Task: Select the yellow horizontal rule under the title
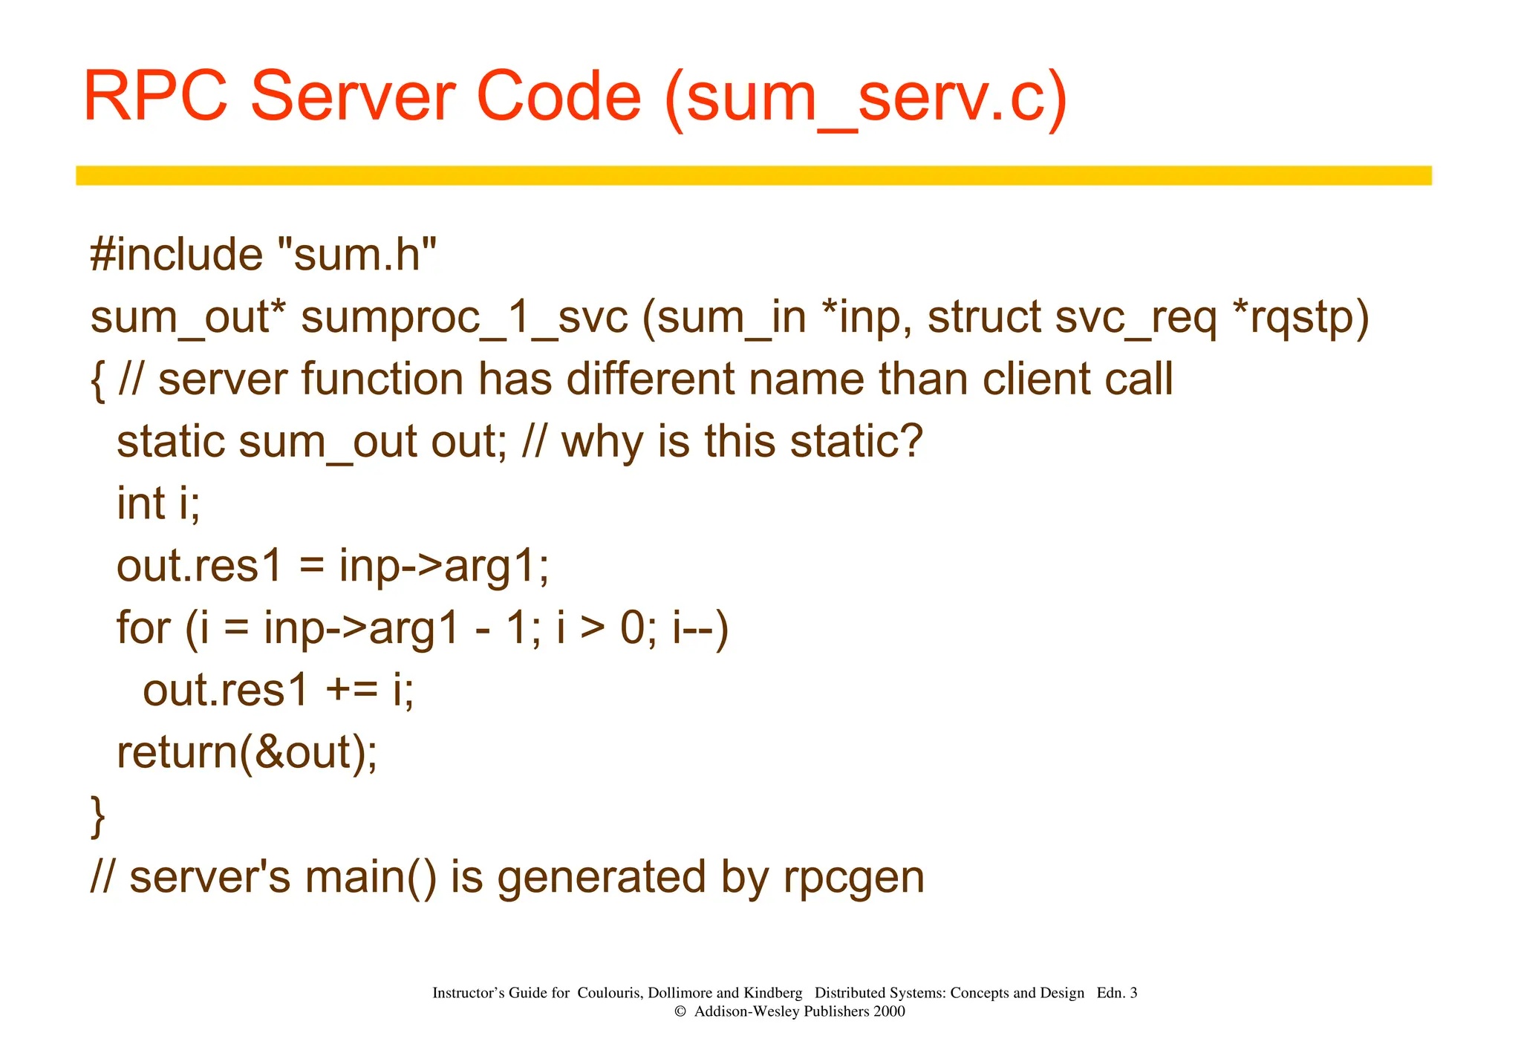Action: point(753,175)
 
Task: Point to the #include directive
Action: point(176,255)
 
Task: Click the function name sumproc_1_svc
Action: point(464,317)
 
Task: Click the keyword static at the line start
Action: point(172,442)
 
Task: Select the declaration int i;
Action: point(158,503)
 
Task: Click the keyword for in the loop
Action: point(143,628)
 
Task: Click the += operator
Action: point(351,691)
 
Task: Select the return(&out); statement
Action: point(247,753)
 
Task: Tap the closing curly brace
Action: point(97,815)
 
